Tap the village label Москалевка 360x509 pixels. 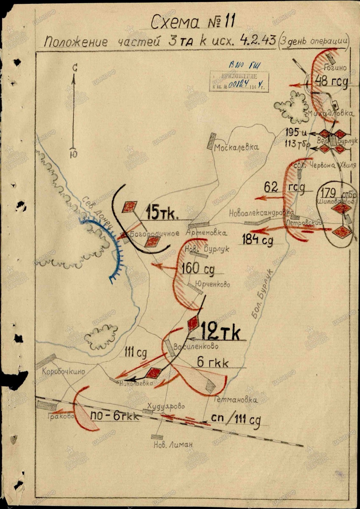(x=236, y=147)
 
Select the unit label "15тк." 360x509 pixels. (x=162, y=213)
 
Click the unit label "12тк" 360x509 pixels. (x=220, y=333)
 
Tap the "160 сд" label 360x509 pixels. (x=198, y=268)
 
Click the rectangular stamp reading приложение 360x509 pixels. (x=239, y=82)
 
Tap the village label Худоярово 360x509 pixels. (x=166, y=406)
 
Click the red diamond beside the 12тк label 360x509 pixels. (x=193, y=323)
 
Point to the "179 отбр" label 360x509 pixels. (x=338, y=193)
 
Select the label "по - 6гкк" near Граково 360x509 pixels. (x=114, y=416)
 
